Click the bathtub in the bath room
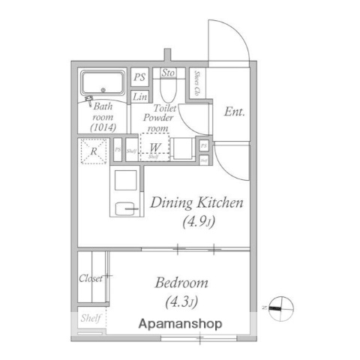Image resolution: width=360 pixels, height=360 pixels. (x=103, y=82)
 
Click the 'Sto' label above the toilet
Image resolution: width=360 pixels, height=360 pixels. (x=168, y=73)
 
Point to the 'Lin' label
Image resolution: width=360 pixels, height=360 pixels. (x=139, y=97)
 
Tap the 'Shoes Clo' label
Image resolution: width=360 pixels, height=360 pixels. (x=197, y=84)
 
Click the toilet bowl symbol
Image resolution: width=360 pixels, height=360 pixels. (x=168, y=93)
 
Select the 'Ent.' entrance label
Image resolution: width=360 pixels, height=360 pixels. (x=234, y=112)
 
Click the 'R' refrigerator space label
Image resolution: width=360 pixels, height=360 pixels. (x=94, y=151)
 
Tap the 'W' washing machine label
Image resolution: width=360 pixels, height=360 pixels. (x=154, y=147)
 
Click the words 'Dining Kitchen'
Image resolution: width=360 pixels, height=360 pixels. (x=197, y=202)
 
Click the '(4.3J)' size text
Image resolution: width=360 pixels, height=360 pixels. (x=181, y=302)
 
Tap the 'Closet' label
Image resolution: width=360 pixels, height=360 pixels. (x=91, y=278)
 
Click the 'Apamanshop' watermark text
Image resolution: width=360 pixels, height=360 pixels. (x=179, y=324)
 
